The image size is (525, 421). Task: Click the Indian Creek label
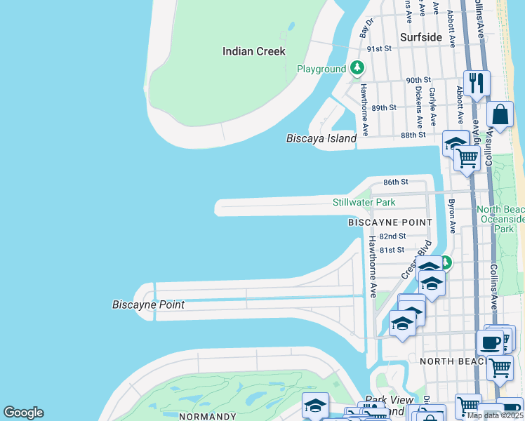click(x=253, y=51)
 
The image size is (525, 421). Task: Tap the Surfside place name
click(x=421, y=37)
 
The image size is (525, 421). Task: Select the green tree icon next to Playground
click(x=358, y=68)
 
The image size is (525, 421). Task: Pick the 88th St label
click(x=413, y=135)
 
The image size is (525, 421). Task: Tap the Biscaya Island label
click(x=321, y=138)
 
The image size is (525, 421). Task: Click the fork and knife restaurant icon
click(x=477, y=83)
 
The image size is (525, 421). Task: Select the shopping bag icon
click(x=501, y=114)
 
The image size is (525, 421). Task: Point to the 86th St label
click(x=395, y=182)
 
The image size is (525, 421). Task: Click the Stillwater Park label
click(x=364, y=203)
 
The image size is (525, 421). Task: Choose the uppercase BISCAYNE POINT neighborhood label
click(x=390, y=222)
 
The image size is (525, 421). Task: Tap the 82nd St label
click(x=392, y=236)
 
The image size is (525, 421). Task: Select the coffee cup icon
click(x=491, y=342)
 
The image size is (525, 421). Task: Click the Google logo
click(x=23, y=413)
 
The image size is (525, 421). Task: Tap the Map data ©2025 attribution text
click(x=496, y=415)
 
